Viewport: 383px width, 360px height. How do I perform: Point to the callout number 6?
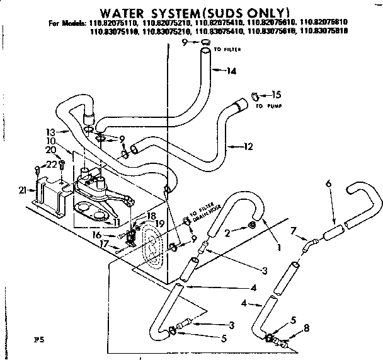click(328, 183)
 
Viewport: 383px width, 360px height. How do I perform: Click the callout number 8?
click(306, 327)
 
